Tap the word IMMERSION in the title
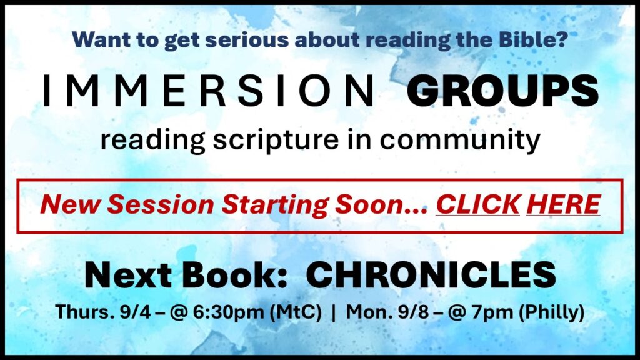tap(208, 91)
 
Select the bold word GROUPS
tap(503, 91)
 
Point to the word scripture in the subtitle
tap(276, 141)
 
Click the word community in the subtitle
tap(460, 141)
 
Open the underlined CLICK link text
tap(478, 204)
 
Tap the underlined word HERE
tap(564, 204)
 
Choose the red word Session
tap(161, 204)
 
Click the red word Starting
tap(276, 205)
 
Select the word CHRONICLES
tap(431, 275)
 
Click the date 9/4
tap(135, 312)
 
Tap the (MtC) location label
tap(296, 312)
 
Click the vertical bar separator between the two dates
tap(334, 312)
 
